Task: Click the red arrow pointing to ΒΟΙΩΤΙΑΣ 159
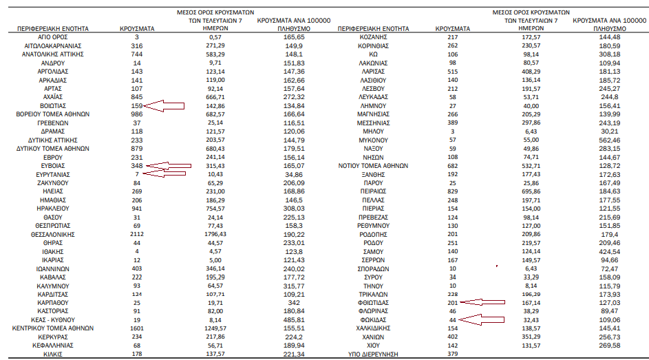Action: pos(165,106)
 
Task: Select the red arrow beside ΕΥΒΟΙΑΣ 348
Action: pos(169,166)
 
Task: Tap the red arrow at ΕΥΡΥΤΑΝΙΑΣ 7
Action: pos(165,175)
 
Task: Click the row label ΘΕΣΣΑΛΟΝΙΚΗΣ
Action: pos(52,234)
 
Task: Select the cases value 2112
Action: pos(137,234)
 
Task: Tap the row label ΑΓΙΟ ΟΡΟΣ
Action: pos(52,36)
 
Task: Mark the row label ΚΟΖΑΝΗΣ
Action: pos(373,36)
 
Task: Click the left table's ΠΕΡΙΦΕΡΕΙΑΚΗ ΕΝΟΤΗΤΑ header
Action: pos(52,28)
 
